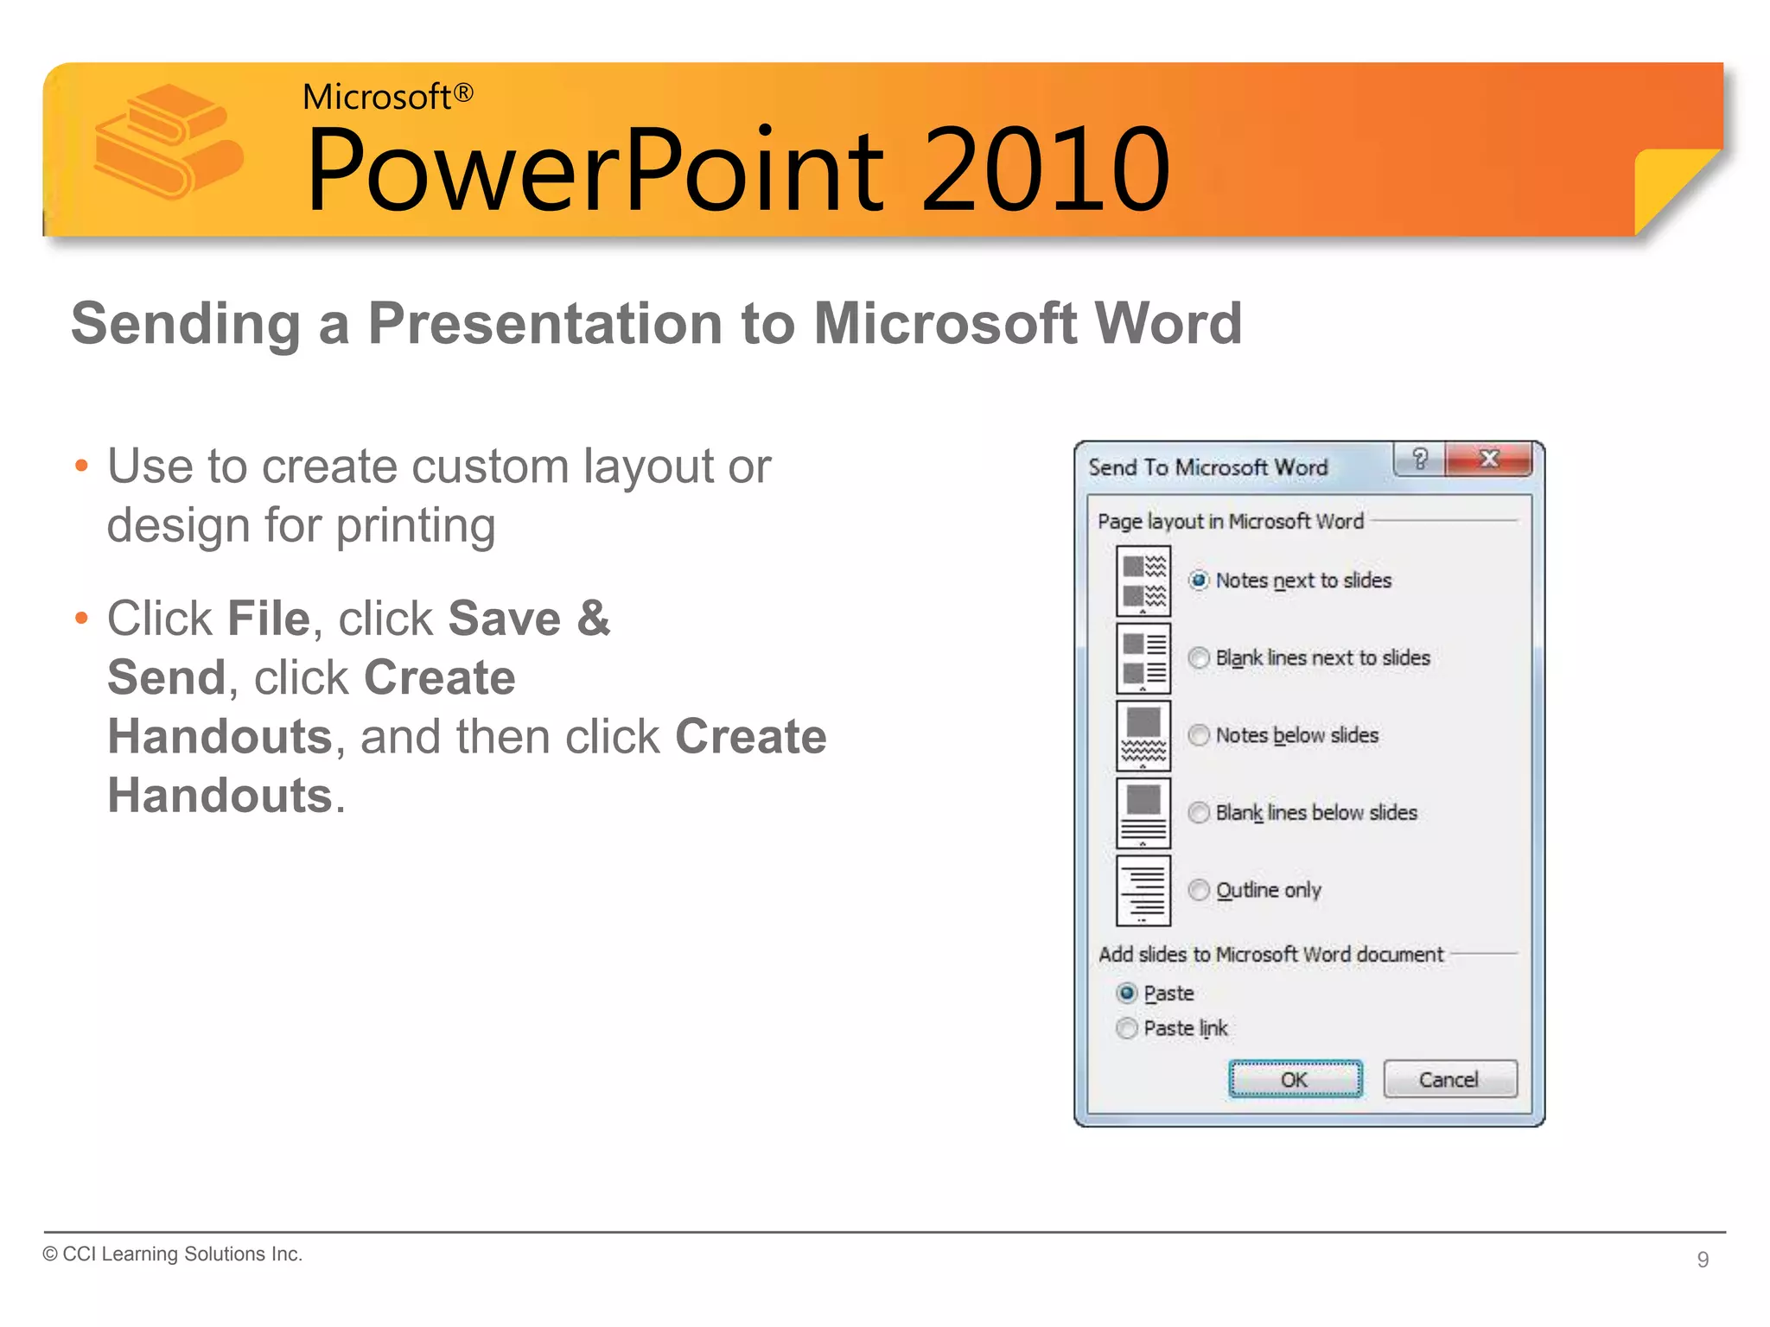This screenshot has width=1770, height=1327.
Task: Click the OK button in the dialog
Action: [1295, 1079]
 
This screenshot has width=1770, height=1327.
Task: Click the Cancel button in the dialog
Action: [1449, 1079]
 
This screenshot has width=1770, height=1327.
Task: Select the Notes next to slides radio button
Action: [1199, 581]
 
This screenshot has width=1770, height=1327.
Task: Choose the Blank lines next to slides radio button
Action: [1199, 658]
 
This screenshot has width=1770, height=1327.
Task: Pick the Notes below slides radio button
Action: [1199, 735]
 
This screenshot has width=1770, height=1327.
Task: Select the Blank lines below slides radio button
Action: [1199, 813]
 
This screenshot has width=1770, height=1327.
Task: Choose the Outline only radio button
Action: [1199, 890]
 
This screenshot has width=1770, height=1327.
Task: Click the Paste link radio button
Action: [1127, 1028]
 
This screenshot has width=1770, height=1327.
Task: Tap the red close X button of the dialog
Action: [1488, 459]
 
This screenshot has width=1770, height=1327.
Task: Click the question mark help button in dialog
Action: [1419, 459]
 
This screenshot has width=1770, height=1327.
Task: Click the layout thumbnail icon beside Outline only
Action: [1143, 891]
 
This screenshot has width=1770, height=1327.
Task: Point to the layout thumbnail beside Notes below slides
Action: [1143, 736]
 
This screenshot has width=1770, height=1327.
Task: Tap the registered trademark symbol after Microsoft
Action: [464, 93]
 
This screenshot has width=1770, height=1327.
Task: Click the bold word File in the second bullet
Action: [268, 619]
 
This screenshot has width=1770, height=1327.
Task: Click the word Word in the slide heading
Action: [1167, 323]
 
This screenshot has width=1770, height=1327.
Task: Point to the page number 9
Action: [1703, 1260]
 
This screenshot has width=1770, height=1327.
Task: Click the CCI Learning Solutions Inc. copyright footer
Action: [173, 1254]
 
